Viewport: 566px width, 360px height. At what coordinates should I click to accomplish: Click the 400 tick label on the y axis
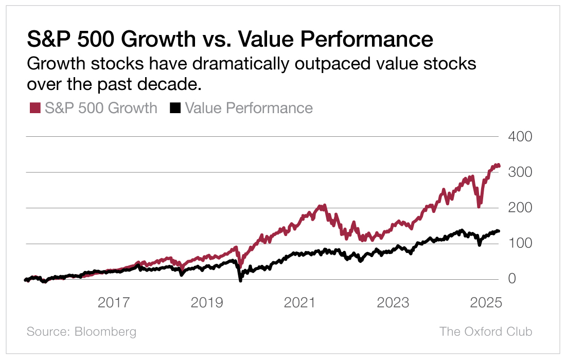[x=520, y=137]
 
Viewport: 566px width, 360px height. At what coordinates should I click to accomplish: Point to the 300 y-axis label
[x=520, y=172]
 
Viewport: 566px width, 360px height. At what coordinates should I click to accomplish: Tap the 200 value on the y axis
[x=520, y=208]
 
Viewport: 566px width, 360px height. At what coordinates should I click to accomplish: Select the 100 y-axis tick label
[x=520, y=243]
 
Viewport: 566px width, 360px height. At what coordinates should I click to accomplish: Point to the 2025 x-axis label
[x=485, y=303]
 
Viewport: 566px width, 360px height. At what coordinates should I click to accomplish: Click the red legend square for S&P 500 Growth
[x=35, y=108]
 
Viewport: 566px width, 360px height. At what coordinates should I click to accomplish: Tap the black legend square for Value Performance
[x=175, y=108]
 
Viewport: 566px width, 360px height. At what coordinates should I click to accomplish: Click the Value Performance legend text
[x=249, y=108]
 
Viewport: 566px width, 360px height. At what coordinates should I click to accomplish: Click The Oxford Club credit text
[x=485, y=332]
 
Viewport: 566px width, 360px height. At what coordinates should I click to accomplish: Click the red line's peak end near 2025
[x=496, y=165]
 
